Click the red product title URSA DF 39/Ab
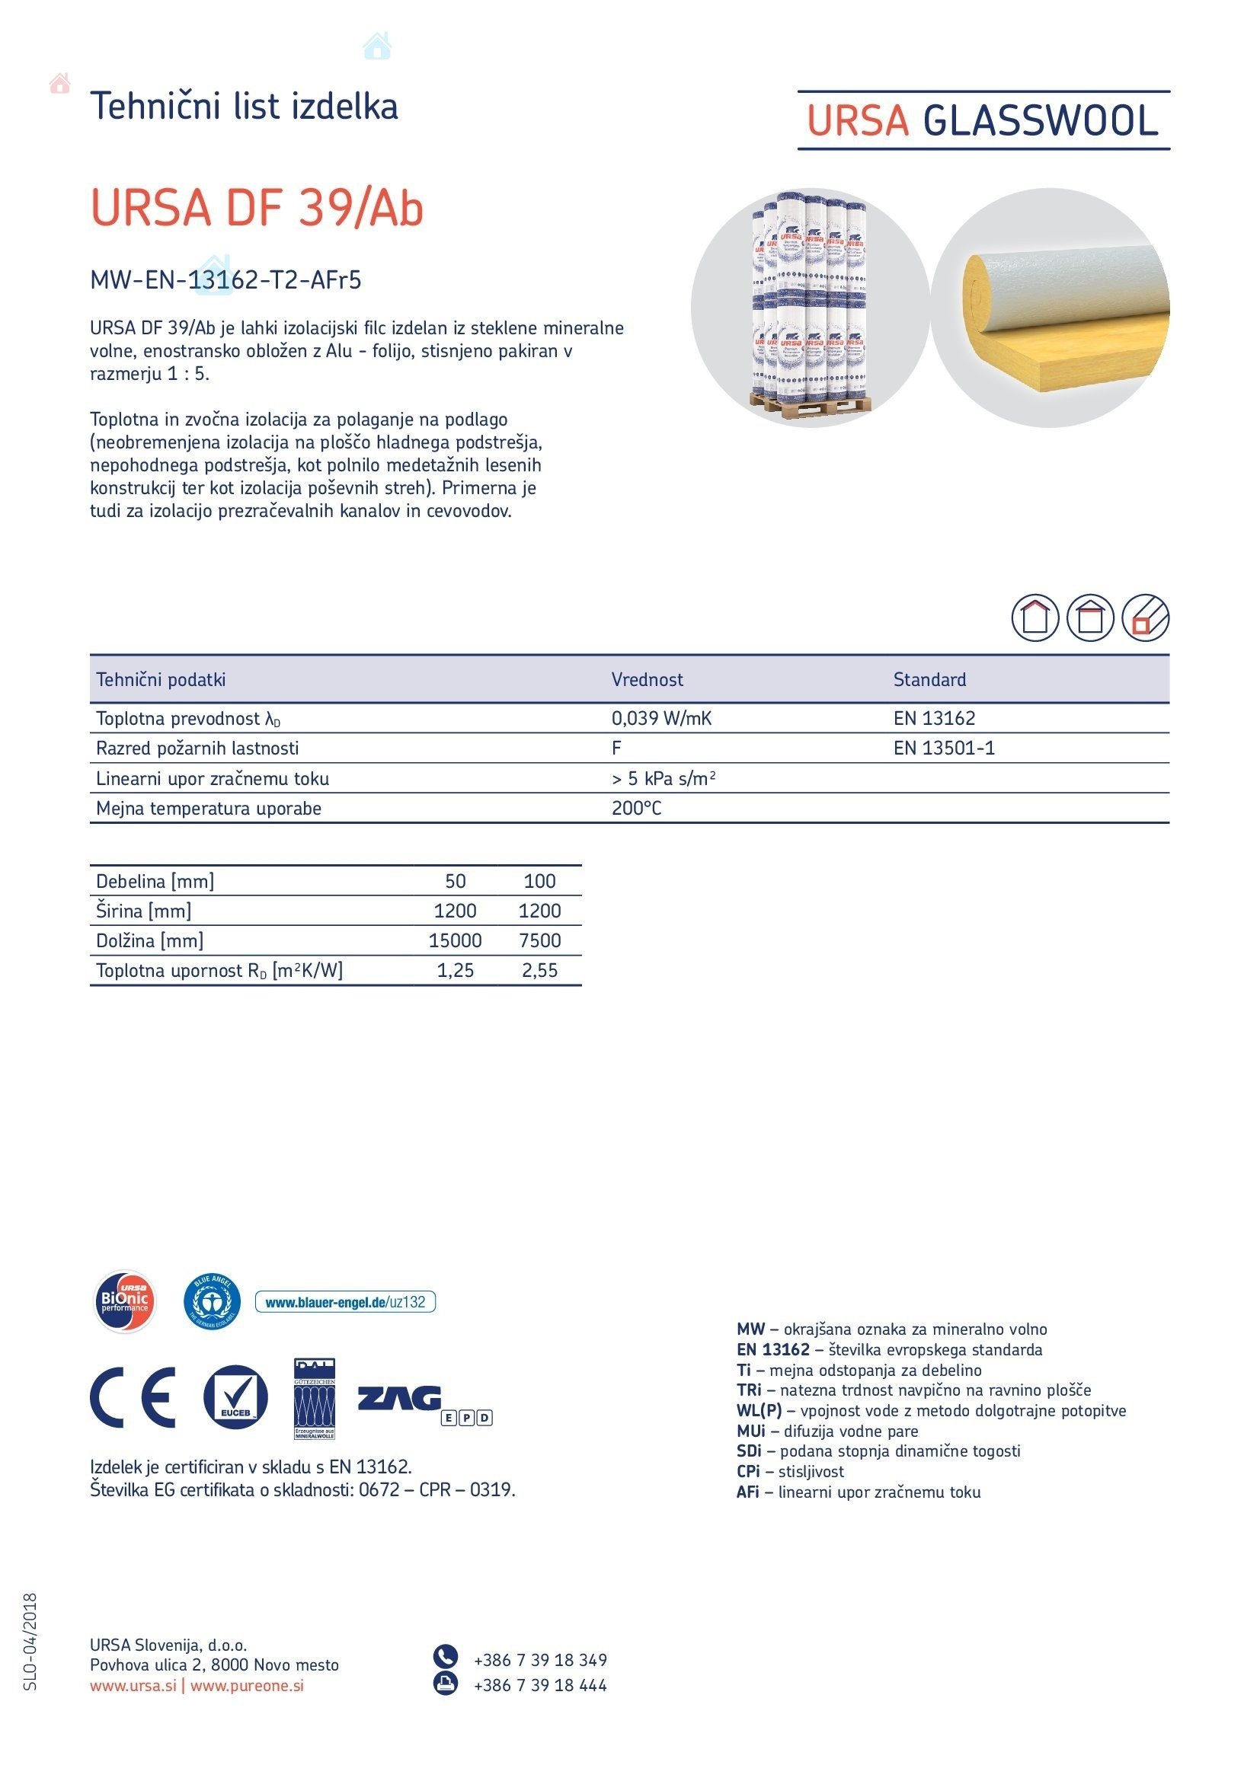[257, 208]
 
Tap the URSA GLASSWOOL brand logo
[982, 121]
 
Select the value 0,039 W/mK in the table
[661, 718]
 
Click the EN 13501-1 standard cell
[943, 748]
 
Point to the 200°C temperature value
[636, 809]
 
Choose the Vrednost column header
[647, 679]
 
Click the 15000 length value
[455, 940]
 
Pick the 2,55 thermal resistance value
[539, 970]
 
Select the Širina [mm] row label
[143, 911]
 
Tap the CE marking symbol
[133, 1397]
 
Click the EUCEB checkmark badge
[236, 1397]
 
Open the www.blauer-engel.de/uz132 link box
[345, 1301]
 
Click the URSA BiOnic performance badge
[125, 1301]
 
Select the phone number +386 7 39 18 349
[540, 1660]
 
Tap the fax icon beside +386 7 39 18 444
[446, 1684]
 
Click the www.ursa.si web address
[133, 1685]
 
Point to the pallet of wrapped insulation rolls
[810, 306]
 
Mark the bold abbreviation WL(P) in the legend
[759, 1410]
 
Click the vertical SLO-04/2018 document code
[30, 1642]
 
